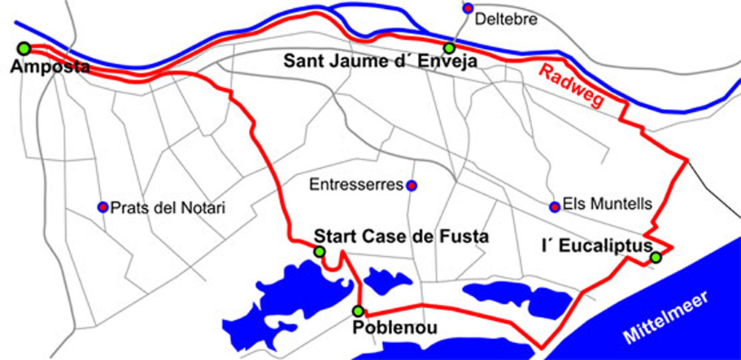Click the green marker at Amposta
click(x=24, y=48)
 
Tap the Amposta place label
click(x=50, y=67)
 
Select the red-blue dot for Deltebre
click(x=467, y=8)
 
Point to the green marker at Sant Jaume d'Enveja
click(x=448, y=48)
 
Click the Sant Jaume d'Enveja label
click(x=380, y=61)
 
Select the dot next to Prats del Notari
click(x=103, y=206)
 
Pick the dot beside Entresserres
click(x=412, y=184)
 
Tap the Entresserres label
click(x=356, y=184)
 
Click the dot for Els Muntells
click(x=554, y=206)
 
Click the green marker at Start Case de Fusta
click(x=319, y=252)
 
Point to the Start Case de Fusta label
click(x=401, y=237)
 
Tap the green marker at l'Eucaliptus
click(x=655, y=257)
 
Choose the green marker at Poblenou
click(x=358, y=310)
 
